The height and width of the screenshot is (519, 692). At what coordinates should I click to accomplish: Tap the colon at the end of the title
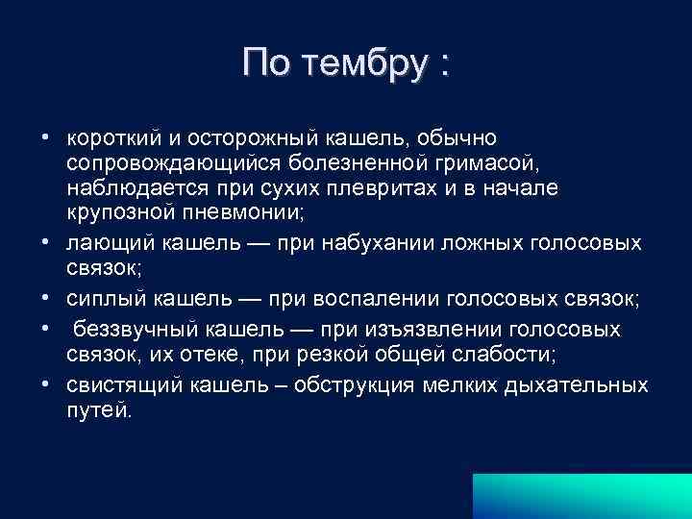(x=442, y=65)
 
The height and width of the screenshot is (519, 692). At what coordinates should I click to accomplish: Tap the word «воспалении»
(x=373, y=299)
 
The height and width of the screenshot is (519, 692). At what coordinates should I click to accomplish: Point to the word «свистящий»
(x=114, y=385)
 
